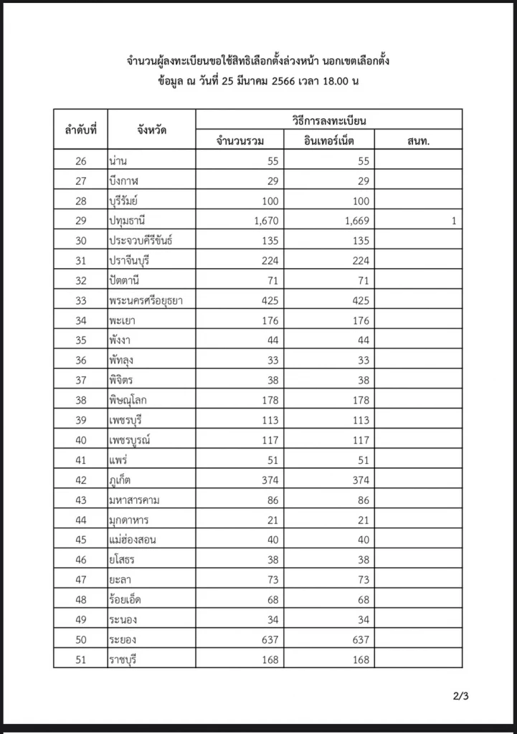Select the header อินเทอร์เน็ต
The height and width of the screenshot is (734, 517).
[329, 140]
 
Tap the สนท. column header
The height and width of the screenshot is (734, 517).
[417, 140]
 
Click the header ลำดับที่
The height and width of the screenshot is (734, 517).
[80, 130]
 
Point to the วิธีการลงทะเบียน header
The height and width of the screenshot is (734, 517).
[329, 120]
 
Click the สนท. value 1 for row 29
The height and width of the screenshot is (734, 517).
[453, 221]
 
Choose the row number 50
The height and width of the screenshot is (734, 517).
[80, 639]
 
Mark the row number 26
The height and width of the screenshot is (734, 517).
[80, 161]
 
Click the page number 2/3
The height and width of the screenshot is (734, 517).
[460, 695]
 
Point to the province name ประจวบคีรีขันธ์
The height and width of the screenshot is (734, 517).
[141, 241]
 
